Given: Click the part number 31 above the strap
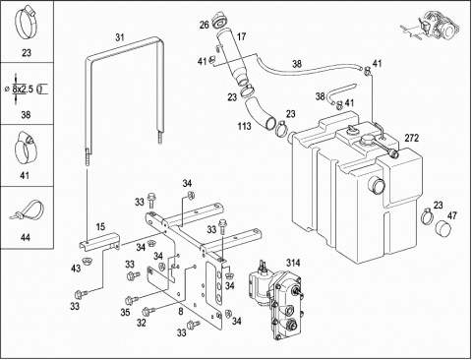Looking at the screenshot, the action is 120,37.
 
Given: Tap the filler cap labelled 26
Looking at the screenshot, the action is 218,20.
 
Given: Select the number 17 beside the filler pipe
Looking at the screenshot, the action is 241,36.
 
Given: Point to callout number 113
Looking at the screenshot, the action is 244,126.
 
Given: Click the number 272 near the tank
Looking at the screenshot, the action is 412,138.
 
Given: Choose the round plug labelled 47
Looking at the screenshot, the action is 442,228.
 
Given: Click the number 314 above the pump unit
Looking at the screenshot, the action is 293,263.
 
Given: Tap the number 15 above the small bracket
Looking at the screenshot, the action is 100,226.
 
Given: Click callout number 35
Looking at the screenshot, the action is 125,312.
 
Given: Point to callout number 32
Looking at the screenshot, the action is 142,323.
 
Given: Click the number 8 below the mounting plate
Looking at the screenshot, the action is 181,312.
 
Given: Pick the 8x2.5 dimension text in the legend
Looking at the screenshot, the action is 23,89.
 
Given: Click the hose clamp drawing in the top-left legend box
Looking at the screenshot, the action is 26,23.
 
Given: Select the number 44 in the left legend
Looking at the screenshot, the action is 25,237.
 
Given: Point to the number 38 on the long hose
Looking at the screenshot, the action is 297,64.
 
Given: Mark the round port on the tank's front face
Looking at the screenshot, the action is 377,187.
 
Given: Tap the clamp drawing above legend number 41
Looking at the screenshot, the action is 26,148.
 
